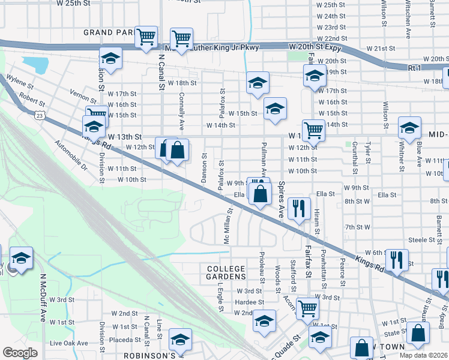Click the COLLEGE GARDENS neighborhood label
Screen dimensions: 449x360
tap(226, 272)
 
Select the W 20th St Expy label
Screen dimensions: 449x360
tap(315, 46)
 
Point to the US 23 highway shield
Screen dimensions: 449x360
tap(40, 114)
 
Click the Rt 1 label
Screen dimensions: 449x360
tap(414, 68)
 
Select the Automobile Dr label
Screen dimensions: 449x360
tap(71, 155)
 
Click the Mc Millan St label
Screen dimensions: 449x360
tap(227, 226)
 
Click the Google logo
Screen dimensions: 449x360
tap(20, 353)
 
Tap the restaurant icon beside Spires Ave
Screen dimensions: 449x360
tap(298, 208)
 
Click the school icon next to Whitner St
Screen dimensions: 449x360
tap(409, 128)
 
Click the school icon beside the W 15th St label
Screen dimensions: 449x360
tap(275, 109)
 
